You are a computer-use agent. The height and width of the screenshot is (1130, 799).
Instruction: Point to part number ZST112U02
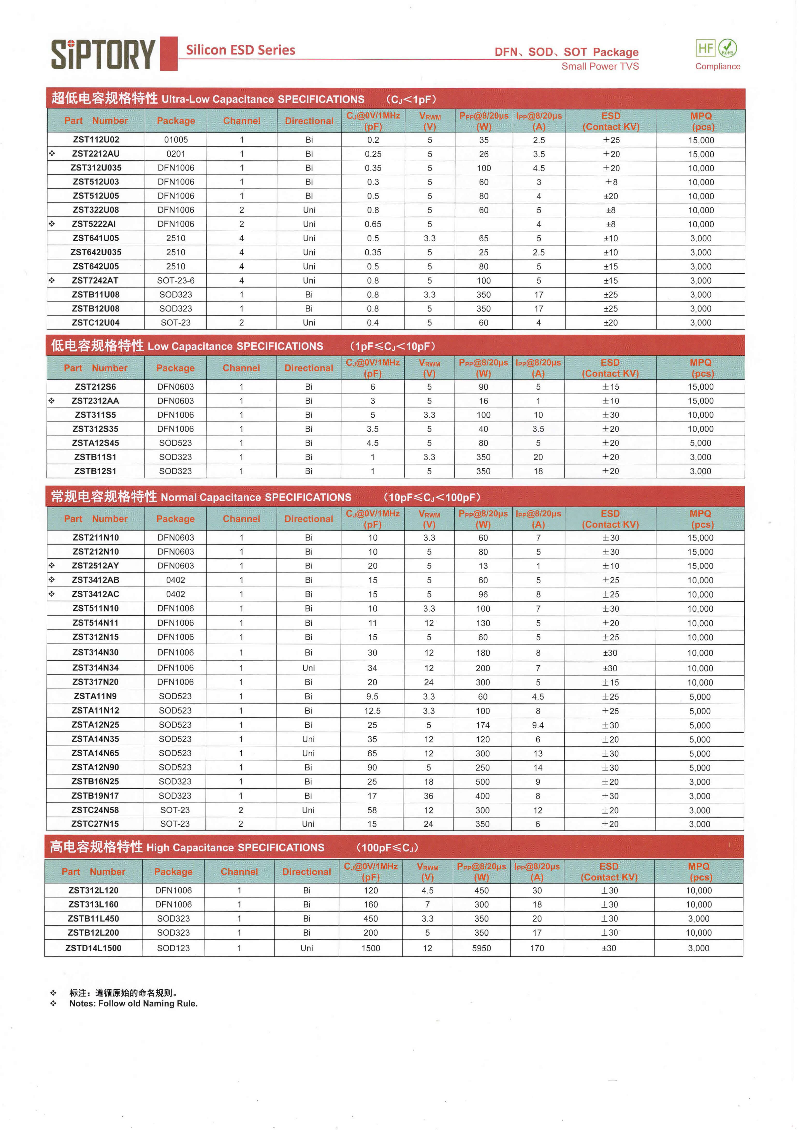click(96, 140)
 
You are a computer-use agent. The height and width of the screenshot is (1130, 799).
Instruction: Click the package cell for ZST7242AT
click(176, 280)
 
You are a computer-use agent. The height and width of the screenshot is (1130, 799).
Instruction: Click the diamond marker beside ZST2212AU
click(52, 154)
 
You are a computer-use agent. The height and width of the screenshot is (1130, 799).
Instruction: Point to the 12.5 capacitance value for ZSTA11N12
click(372, 711)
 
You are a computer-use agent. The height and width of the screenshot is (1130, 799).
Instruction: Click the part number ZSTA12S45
click(95, 443)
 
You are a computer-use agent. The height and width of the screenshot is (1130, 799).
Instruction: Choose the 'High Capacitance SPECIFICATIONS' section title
click(235, 847)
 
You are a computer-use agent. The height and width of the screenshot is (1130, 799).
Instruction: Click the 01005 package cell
click(176, 140)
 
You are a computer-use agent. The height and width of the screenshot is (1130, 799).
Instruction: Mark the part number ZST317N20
click(95, 682)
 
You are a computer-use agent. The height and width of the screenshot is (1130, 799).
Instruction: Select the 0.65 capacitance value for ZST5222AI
click(373, 224)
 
